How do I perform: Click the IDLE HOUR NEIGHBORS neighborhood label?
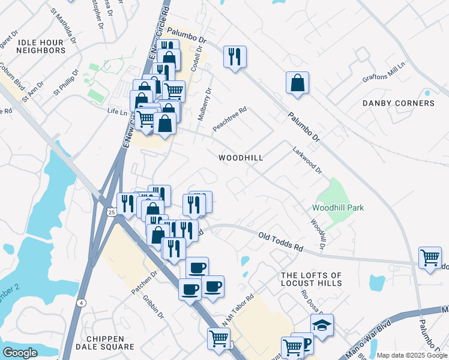coord(41,46)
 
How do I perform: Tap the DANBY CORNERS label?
coord(399,103)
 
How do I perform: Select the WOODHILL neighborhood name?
coord(241,157)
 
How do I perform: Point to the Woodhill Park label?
coord(338,208)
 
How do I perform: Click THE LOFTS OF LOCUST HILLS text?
coord(312,279)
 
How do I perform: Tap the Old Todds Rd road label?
coord(280,242)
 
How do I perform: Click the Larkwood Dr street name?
coord(307,161)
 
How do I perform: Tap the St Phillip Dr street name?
coord(67,82)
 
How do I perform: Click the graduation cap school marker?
coord(322,325)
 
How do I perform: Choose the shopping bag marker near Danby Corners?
coord(298,83)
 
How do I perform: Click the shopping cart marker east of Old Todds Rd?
coord(430,258)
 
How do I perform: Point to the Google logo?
coord(20,353)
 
